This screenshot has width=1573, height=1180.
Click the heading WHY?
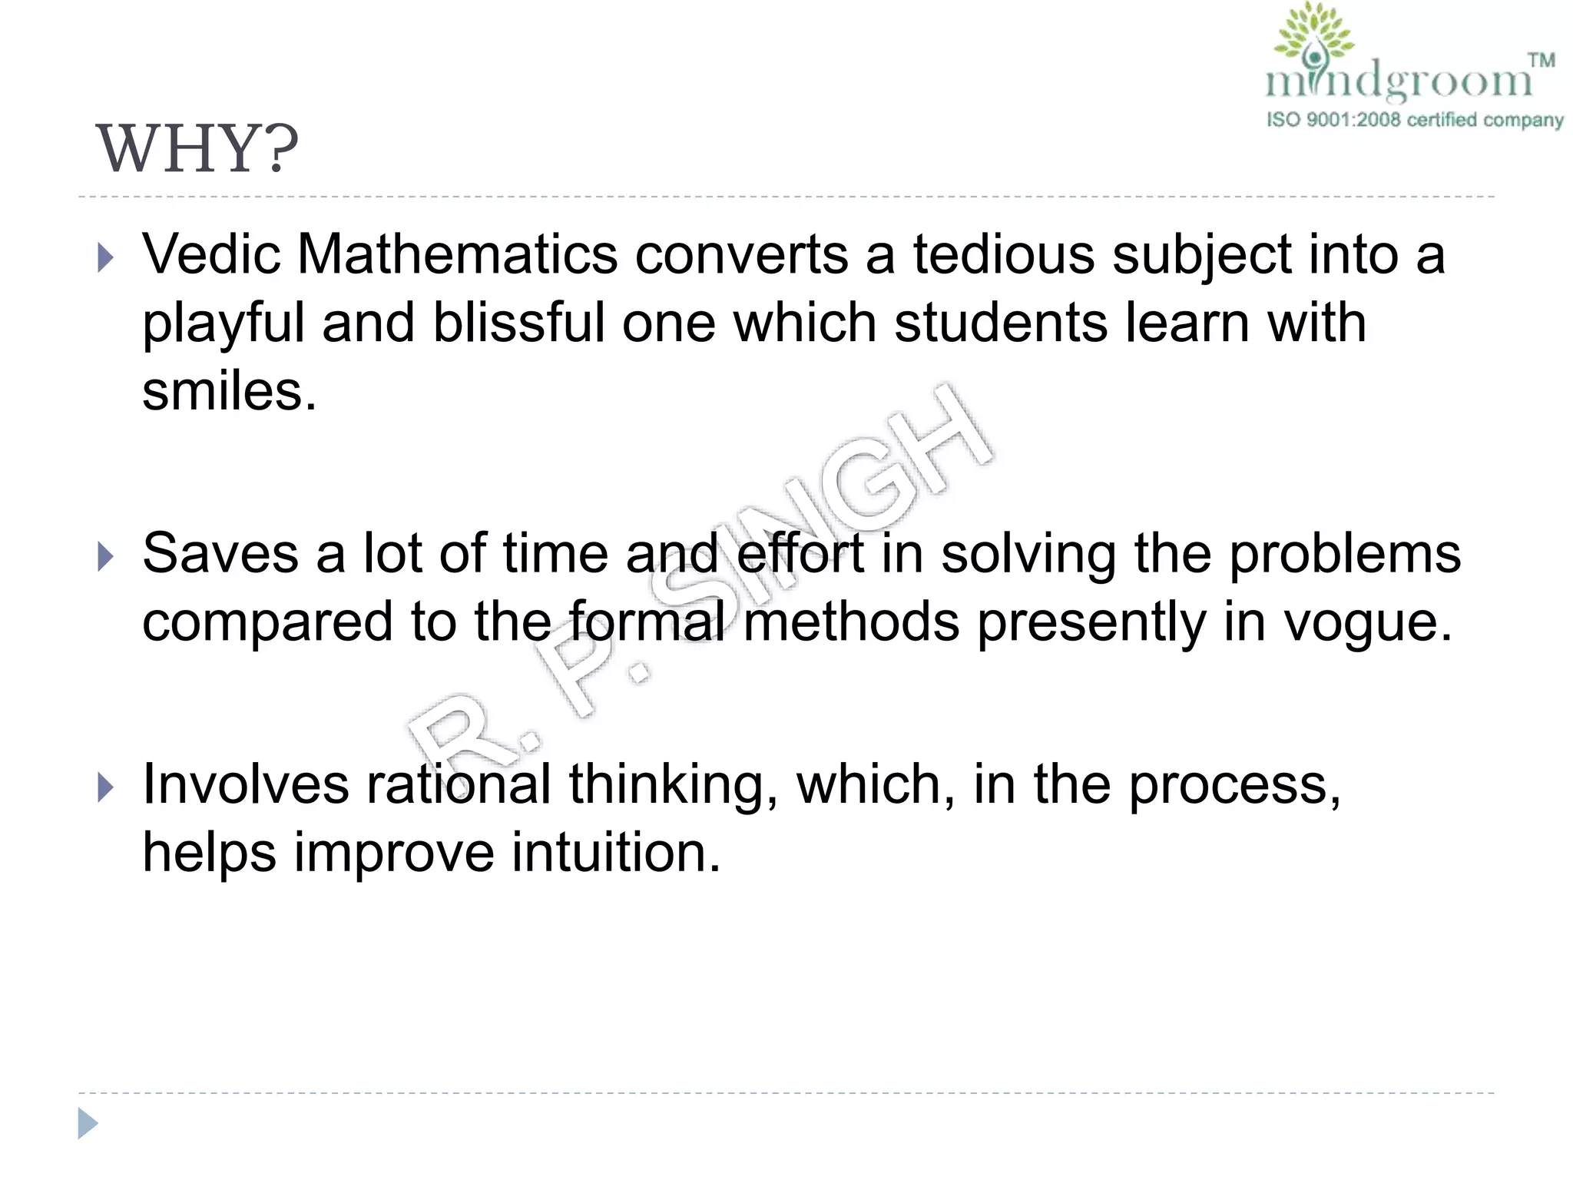tap(197, 149)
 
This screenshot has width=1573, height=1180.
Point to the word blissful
tap(518, 323)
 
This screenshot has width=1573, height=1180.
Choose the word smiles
tap(229, 391)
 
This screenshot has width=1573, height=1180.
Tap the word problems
tap(1345, 555)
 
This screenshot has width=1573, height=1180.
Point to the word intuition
tap(616, 852)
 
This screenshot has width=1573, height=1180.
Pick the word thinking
tap(673, 785)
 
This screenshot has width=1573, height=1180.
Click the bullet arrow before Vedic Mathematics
tap(106, 258)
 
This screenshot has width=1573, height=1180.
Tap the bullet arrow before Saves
tap(106, 557)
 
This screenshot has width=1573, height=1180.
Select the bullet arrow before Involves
tap(106, 788)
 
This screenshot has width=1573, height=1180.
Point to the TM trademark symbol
tap(1541, 60)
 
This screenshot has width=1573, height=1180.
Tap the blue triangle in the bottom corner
tap(88, 1124)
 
